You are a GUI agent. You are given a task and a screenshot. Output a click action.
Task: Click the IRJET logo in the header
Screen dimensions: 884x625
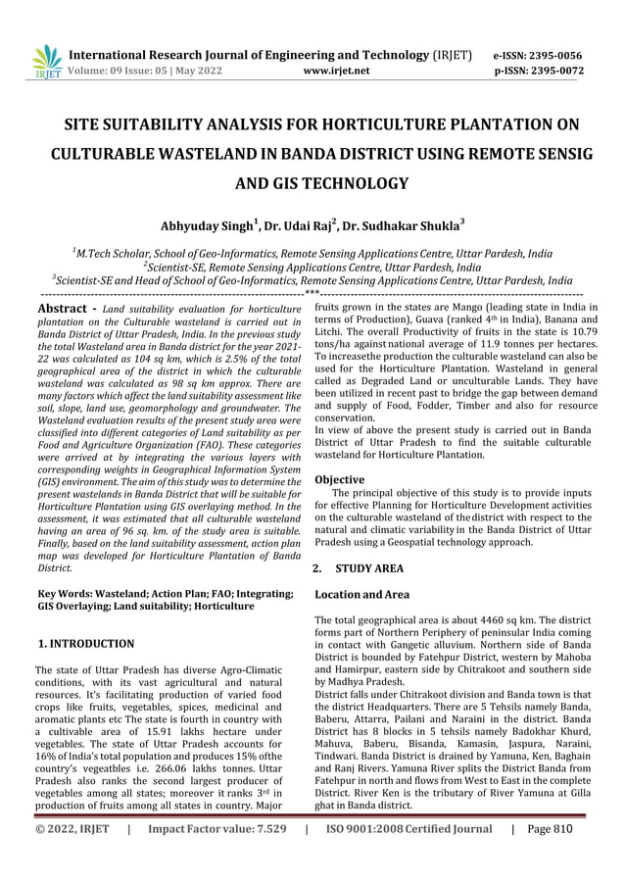[46, 61]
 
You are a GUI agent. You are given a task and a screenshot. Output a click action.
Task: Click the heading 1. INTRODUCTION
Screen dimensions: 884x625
[85, 644]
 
